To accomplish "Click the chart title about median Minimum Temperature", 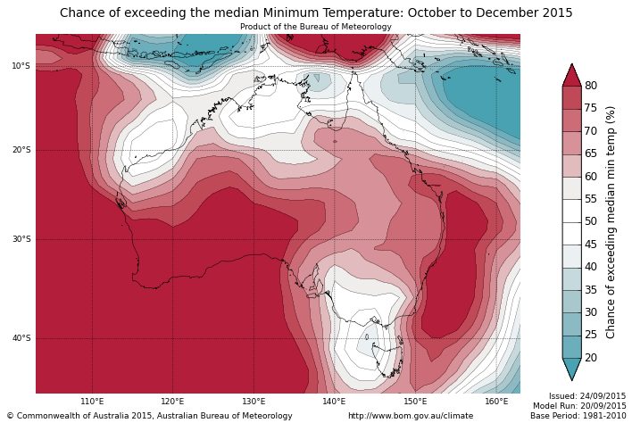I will [x=316, y=13].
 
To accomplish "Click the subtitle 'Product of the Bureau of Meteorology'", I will [x=316, y=27].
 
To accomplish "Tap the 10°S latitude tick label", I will [x=21, y=66].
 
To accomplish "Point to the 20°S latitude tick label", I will [x=21, y=150].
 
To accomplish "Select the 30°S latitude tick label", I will [x=21, y=239].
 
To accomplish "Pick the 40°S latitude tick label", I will [x=21, y=338].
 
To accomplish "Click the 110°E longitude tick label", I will [x=92, y=402].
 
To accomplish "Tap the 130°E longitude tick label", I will [x=254, y=402].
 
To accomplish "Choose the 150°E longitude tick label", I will [x=415, y=402].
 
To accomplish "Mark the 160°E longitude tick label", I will [x=496, y=402].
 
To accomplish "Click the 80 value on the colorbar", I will [x=591, y=86].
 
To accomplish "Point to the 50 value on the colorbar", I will [x=591, y=221].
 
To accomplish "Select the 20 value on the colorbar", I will [x=591, y=358].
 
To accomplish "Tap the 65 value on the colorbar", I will [x=591, y=153].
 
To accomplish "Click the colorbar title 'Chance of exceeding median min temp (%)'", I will [x=611, y=221].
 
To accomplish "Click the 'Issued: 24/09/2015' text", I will [x=587, y=396].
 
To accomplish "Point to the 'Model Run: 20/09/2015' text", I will [x=579, y=406].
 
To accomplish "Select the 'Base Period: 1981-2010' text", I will [x=578, y=416].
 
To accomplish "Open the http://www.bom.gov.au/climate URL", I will [x=411, y=416].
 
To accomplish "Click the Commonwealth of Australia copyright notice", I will [x=149, y=416].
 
